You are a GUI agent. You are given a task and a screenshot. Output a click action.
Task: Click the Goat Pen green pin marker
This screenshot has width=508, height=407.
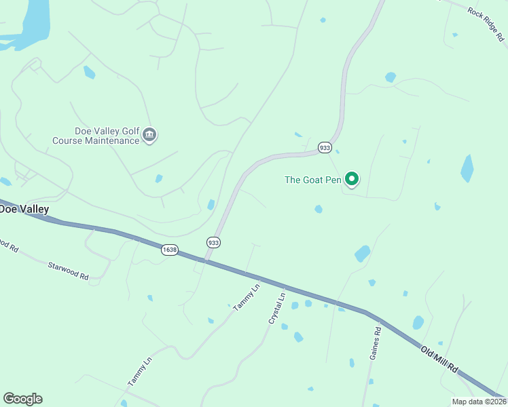352,179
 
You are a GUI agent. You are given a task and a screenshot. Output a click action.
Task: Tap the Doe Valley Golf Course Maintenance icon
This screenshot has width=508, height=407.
150,136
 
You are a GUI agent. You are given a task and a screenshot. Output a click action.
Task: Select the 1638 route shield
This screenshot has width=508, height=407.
170,250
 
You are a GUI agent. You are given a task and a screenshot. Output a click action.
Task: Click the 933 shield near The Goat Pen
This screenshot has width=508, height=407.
325,147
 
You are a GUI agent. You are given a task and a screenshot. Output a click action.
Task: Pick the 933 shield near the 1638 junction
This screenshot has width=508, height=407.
213,242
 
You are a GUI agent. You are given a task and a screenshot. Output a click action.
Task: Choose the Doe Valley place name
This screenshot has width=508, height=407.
24,209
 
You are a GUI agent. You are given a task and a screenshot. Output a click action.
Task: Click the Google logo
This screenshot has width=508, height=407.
22,399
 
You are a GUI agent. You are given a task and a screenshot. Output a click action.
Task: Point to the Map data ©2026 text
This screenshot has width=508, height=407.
479,402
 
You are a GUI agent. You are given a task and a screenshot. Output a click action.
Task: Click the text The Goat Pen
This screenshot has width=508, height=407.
313,180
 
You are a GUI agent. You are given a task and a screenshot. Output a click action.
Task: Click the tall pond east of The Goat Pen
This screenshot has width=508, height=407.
467,168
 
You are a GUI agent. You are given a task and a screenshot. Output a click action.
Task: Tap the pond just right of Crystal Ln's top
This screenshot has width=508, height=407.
295,306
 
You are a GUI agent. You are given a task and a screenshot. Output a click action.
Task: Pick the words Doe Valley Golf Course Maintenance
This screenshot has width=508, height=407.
95,136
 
